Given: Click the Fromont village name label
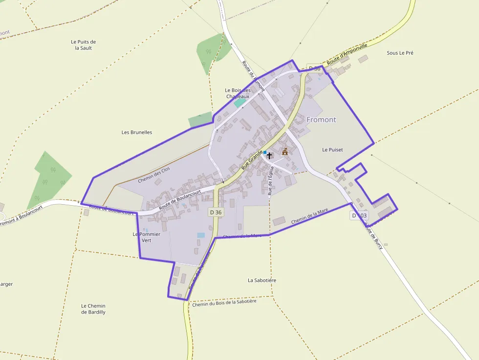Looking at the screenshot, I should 321,120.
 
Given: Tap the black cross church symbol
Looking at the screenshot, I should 269,155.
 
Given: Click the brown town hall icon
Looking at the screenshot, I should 285,152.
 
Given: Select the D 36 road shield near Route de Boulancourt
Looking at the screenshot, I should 216,212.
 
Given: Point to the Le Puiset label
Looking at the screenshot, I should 332,150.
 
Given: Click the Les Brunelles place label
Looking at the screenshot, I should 137,132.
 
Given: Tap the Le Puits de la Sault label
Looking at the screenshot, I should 83,45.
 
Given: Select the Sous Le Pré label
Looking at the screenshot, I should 400,53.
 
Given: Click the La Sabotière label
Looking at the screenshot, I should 262,280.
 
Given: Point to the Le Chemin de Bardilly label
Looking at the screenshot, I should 93,309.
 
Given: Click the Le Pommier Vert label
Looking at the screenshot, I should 147,237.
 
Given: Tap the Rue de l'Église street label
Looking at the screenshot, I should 270,181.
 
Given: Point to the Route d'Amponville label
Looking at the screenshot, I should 347,55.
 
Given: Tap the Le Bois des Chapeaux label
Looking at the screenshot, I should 238,93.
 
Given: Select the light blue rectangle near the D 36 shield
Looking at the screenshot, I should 201,235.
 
